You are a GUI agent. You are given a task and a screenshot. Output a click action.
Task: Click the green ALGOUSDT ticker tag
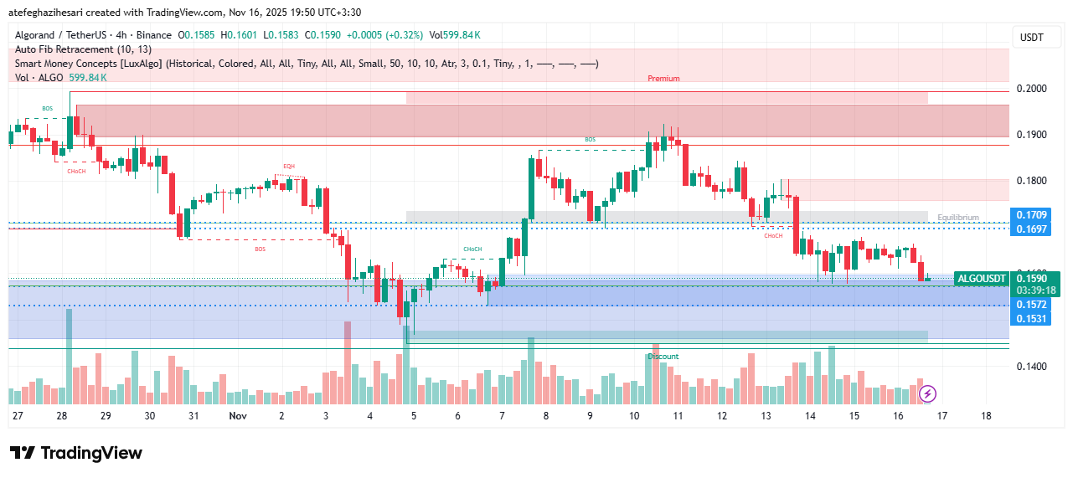tap(982, 278)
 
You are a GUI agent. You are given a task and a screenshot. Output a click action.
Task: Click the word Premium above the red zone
tap(663, 79)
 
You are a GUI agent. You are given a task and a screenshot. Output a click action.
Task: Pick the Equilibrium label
tap(958, 218)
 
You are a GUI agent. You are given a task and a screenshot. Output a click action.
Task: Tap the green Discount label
tap(663, 357)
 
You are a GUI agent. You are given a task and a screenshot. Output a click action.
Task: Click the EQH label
tap(289, 167)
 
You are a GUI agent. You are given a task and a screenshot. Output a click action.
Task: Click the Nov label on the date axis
tap(238, 415)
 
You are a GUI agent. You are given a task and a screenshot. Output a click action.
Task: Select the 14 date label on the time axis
tap(810, 415)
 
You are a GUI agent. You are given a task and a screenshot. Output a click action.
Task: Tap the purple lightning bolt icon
tap(927, 393)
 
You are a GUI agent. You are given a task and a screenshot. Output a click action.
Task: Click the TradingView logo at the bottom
tap(76, 453)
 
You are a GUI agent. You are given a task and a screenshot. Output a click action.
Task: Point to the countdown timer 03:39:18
tap(1035, 290)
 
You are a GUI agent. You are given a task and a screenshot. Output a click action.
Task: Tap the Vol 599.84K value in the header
tap(455, 35)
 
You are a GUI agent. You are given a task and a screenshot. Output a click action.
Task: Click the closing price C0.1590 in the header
tap(322, 35)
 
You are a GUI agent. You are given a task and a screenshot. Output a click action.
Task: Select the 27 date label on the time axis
tap(18, 415)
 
